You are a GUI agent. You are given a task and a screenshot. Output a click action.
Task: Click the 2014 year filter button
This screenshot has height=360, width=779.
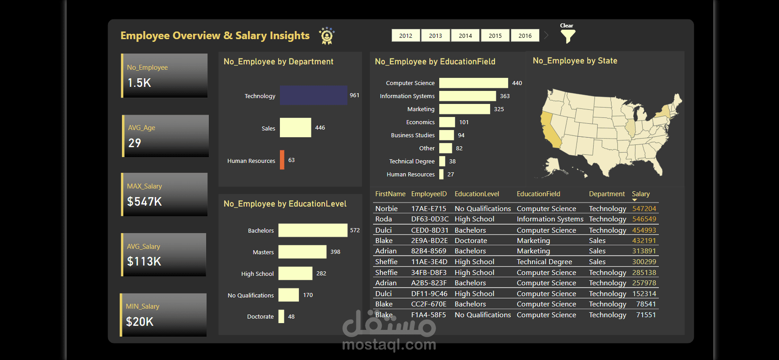pyautogui.click(x=465, y=36)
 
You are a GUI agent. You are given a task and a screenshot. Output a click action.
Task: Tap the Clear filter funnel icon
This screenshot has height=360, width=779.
pyautogui.click(x=568, y=36)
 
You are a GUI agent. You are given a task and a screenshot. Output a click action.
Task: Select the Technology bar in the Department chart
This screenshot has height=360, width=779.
pyautogui.click(x=313, y=95)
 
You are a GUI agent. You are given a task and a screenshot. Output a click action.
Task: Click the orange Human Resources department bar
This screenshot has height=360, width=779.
pyautogui.click(x=282, y=160)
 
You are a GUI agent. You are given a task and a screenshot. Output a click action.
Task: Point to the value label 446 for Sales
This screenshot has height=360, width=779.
pyautogui.click(x=320, y=128)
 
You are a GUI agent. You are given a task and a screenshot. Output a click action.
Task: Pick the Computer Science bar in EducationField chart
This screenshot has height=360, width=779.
pyautogui.click(x=473, y=83)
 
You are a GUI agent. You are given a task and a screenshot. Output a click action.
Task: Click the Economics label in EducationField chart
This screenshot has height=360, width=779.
pyautogui.click(x=420, y=122)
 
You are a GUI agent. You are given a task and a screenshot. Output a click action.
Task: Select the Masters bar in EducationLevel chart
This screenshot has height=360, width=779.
pyautogui.click(x=302, y=252)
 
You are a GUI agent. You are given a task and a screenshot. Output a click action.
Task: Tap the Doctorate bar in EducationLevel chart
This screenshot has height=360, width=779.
pyautogui.click(x=281, y=316)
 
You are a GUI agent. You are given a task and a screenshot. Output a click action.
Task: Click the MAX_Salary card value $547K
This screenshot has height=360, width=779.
pyautogui.click(x=144, y=202)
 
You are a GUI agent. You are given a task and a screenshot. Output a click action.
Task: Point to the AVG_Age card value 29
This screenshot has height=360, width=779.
pyautogui.click(x=135, y=143)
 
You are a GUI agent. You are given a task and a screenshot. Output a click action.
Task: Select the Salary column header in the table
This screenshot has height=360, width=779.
pyautogui.click(x=640, y=194)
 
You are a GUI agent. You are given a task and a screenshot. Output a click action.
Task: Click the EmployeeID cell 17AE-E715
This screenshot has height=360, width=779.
pyautogui.click(x=428, y=209)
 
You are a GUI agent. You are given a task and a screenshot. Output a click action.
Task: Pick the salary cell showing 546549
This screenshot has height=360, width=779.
pyautogui.click(x=644, y=219)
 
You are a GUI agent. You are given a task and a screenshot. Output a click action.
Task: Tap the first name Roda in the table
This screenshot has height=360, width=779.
pyautogui.click(x=383, y=219)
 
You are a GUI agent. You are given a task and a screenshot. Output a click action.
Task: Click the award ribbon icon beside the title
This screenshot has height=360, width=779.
pyautogui.click(x=327, y=36)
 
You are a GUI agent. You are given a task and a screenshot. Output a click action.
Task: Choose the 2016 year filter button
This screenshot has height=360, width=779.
pyautogui.click(x=525, y=36)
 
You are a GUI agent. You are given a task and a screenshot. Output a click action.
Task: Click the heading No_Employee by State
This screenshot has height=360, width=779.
pyautogui.click(x=575, y=61)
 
